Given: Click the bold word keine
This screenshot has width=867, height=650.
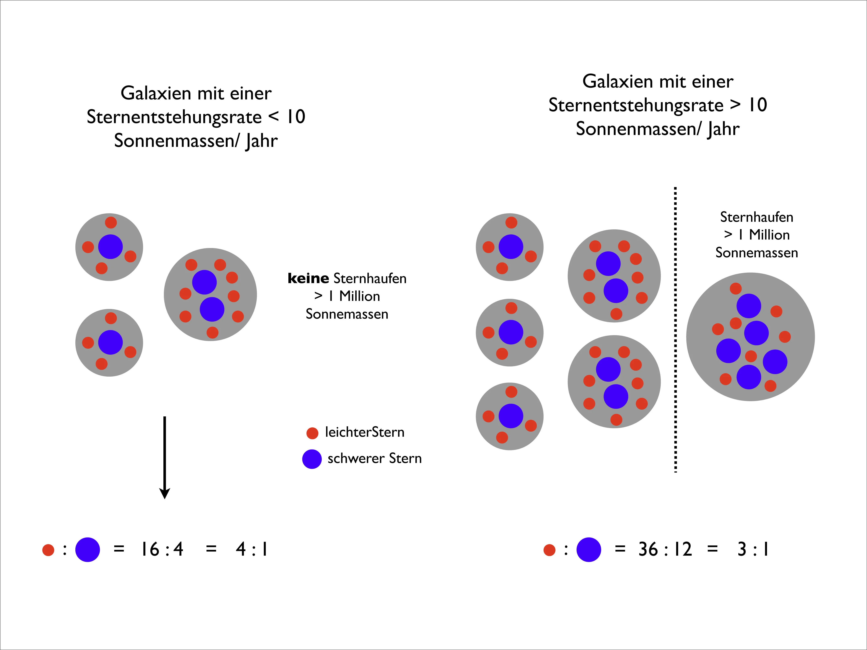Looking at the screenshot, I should [308, 278].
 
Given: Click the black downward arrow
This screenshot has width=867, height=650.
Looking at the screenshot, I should [165, 456].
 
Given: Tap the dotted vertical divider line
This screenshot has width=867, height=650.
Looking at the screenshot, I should [675, 329].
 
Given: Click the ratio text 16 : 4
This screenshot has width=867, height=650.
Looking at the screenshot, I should [162, 549].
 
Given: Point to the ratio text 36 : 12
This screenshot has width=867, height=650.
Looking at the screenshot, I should [665, 549].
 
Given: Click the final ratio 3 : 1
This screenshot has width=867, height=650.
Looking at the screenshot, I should [753, 549].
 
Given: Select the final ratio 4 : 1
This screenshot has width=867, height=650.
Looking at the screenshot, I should [252, 549].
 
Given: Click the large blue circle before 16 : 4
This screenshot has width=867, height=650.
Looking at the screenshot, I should [87, 549].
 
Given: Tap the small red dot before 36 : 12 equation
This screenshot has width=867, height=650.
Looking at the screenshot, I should [550, 550].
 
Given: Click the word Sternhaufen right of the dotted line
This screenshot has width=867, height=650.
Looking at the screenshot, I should [756, 217].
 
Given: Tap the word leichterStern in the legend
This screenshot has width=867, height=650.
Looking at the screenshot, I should [365, 432].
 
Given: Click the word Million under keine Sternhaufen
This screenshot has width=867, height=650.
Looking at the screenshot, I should [359, 296].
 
